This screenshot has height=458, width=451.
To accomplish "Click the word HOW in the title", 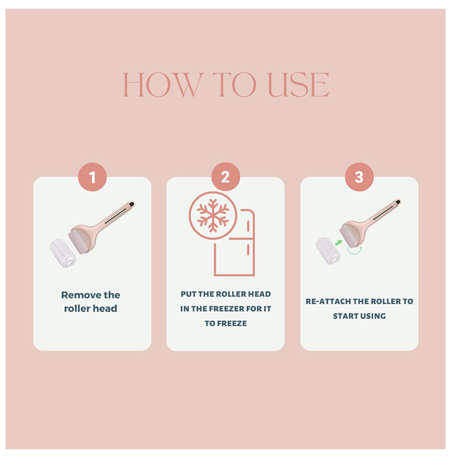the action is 163,84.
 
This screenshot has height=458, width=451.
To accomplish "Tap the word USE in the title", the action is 299,84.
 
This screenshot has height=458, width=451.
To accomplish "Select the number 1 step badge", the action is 92,177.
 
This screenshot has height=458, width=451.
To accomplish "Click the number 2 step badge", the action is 225,177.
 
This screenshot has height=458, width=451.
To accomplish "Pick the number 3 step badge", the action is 359,177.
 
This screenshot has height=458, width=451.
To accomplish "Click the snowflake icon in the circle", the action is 213,215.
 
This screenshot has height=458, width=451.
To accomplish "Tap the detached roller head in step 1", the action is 63,253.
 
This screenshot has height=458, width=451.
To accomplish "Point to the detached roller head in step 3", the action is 328,251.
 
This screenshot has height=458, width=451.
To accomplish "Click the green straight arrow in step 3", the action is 339,243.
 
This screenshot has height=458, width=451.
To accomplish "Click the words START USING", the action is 359,316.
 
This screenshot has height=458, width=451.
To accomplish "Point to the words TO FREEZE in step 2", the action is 225,323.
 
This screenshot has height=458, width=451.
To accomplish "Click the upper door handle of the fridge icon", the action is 248,226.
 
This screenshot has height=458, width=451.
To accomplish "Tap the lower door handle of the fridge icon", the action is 248,250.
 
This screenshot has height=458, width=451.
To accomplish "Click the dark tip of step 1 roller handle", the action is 132,204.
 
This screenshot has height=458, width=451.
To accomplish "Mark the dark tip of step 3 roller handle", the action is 397,202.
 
